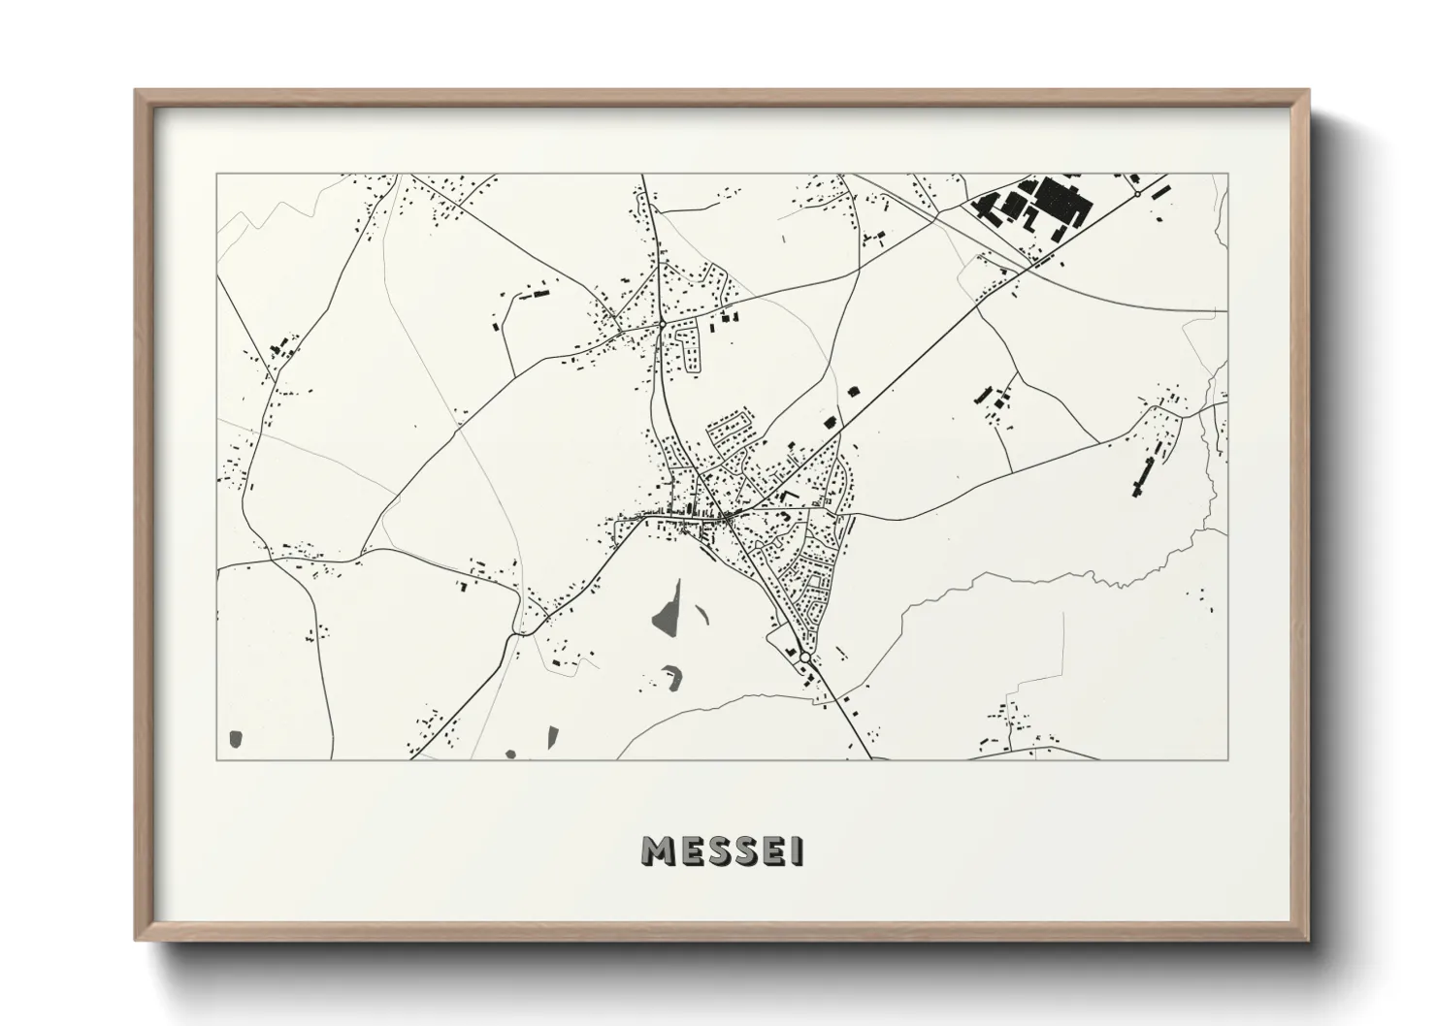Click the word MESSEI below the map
point(722,851)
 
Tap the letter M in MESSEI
point(658,851)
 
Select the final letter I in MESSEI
point(798,851)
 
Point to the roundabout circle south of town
point(804,658)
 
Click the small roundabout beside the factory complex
point(1136,195)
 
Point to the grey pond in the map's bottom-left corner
point(234,740)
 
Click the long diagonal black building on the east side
point(1141,476)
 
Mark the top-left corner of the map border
point(217,175)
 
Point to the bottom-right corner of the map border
point(1227,759)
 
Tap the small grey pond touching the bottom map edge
point(511,753)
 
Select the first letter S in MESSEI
point(713,851)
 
